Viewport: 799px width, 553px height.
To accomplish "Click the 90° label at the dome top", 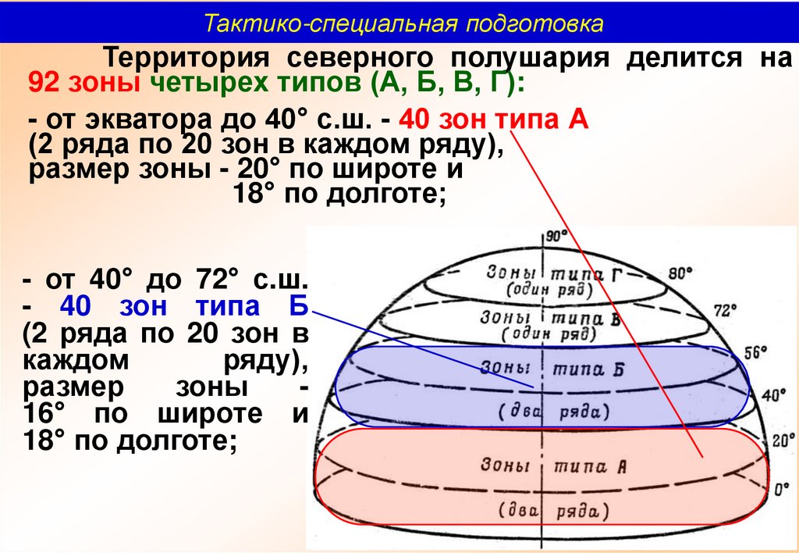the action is pos(557,236).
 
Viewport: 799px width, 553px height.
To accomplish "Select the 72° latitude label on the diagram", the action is pos(725,310).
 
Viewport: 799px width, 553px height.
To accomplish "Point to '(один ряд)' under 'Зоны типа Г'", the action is pos(549,289).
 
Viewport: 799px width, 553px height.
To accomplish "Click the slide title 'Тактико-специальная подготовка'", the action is pos(403,23).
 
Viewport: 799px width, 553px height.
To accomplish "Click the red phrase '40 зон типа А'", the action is pos(492,121).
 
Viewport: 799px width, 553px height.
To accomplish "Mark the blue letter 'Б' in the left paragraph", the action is pos(299,305).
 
